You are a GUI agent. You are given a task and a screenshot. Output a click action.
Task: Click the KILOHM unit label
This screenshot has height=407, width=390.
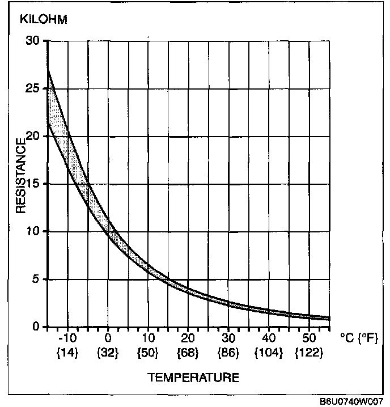point(44,20)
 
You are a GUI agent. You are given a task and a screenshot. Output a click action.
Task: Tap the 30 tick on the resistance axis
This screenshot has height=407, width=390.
point(33,41)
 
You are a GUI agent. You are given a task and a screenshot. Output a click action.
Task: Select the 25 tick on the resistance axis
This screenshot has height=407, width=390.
point(33,88)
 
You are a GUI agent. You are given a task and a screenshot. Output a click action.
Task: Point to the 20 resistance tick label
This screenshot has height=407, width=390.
point(33,136)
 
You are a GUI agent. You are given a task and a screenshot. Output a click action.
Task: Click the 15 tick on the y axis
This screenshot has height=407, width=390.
point(33,184)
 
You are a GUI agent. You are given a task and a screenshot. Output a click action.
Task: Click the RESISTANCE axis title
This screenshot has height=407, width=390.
point(21,176)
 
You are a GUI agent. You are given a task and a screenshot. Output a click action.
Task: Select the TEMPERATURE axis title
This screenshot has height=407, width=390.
point(193,377)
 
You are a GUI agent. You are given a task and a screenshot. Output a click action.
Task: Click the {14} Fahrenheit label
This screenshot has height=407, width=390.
point(67,352)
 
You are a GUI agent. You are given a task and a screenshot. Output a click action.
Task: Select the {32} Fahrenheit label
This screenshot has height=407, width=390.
point(108,352)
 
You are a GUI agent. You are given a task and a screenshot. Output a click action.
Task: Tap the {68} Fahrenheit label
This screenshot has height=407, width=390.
point(188,352)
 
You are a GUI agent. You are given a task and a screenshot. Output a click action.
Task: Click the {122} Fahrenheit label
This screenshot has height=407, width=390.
point(309,352)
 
